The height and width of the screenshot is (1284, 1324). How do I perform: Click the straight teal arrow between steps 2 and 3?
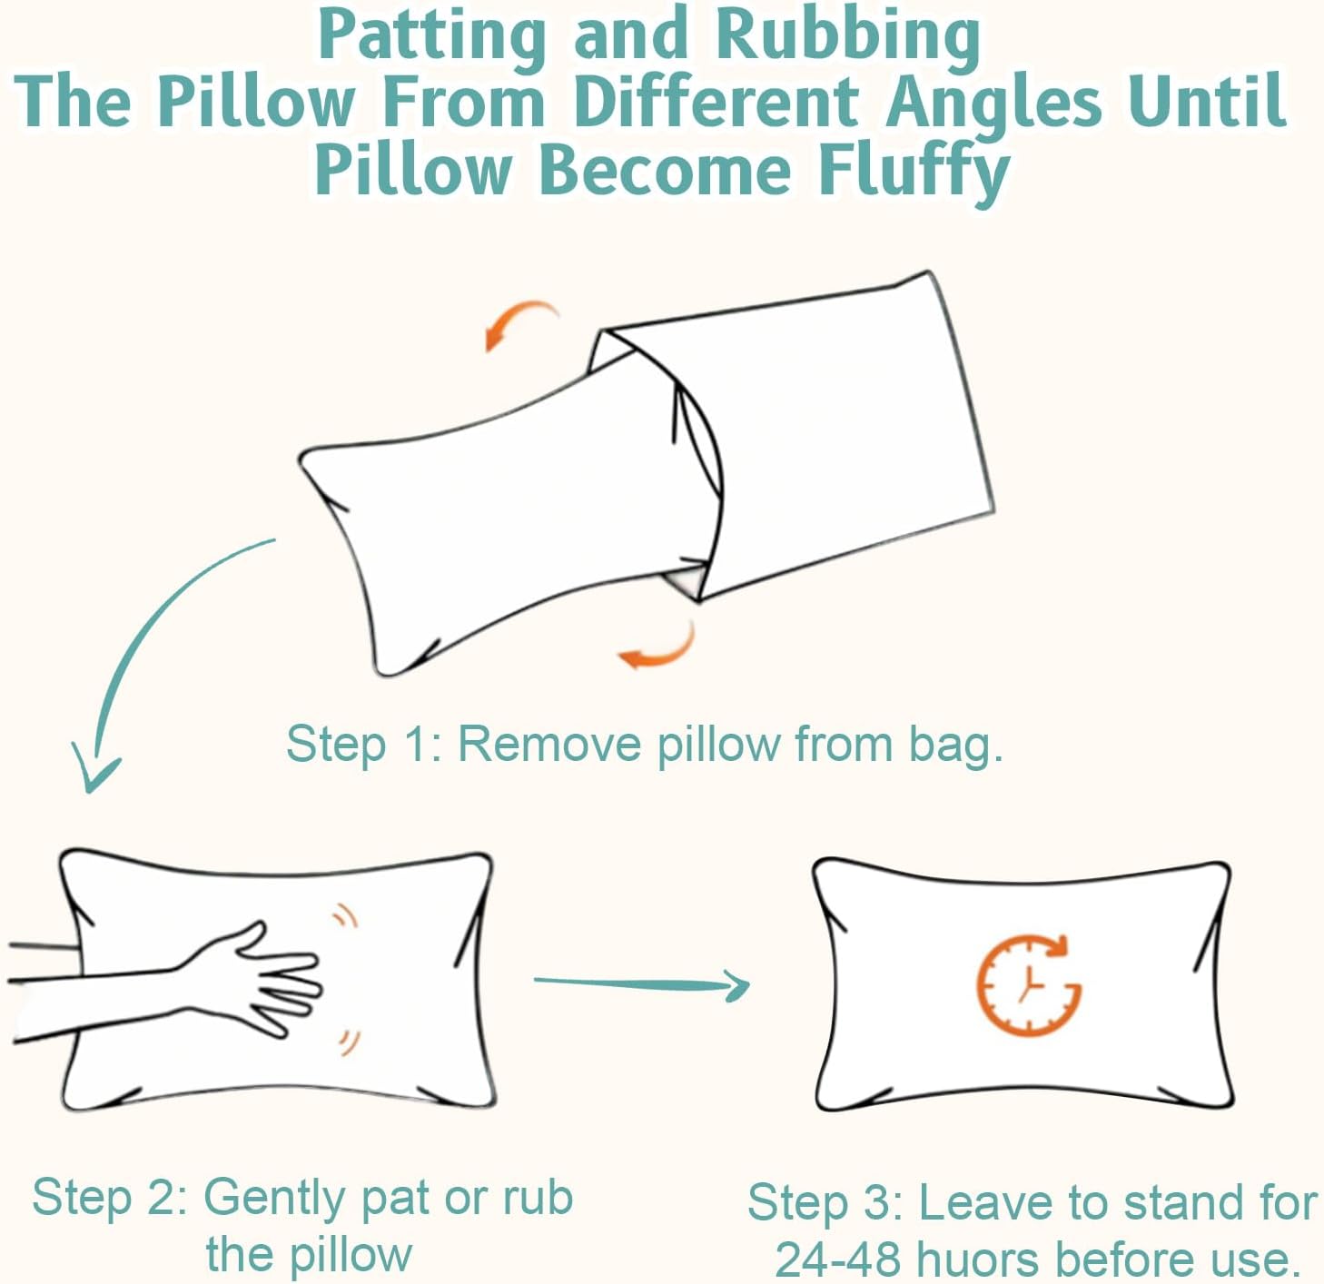(x=641, y=983)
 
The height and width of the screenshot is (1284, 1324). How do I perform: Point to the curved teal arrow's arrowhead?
(x=95, y=775)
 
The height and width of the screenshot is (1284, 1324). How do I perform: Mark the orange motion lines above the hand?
(x=346, y=916)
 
